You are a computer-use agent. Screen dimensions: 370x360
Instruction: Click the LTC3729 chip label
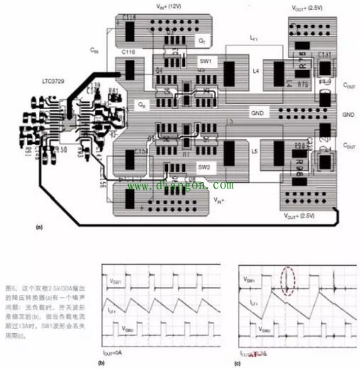point(60,84)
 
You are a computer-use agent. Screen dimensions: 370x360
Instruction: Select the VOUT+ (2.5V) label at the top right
point(307,7)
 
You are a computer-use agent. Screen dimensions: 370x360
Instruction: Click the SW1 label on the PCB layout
point(206,62)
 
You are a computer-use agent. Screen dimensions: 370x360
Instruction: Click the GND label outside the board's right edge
point(348,114)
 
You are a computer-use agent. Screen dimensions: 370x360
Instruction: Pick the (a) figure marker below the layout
point(39,226)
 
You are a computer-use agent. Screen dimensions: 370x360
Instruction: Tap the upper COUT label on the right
point(348,84)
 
